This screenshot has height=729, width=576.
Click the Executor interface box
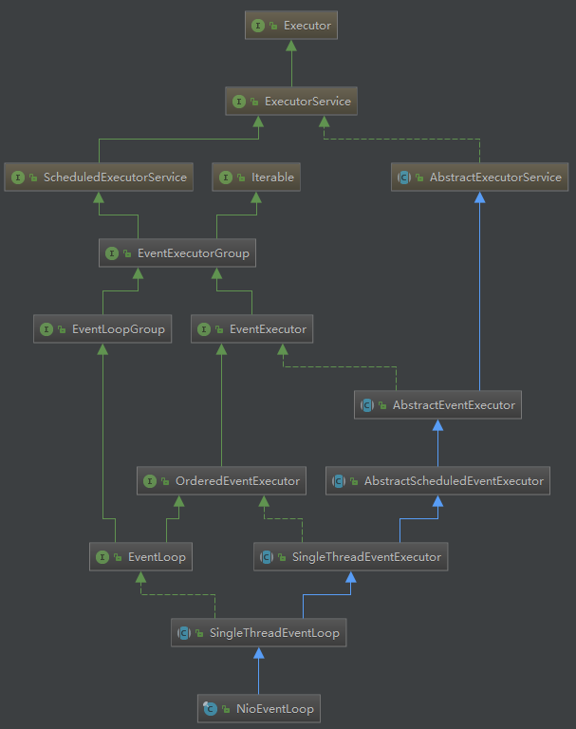pos(291,26)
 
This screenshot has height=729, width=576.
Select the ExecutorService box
pos(291,102)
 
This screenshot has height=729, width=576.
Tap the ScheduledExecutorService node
pos(99,178)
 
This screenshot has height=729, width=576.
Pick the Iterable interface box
pos(257,178)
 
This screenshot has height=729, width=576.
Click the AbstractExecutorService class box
pos(479,178)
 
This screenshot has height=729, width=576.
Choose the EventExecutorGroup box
pos(177,253)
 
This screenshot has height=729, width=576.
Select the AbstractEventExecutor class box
pos(437,405)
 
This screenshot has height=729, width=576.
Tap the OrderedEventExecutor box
pos(221,481)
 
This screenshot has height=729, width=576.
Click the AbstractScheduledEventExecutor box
pos(437,481)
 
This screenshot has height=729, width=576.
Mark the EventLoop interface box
pos(140,557)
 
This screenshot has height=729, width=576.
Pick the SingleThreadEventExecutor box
pos(351,557)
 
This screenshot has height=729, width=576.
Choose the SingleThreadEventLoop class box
pos(258,633)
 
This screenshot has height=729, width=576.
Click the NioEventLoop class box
pos(258,709)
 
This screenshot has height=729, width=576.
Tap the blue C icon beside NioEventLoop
pos(211,709)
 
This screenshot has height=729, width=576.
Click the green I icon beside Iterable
pos(226,178)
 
